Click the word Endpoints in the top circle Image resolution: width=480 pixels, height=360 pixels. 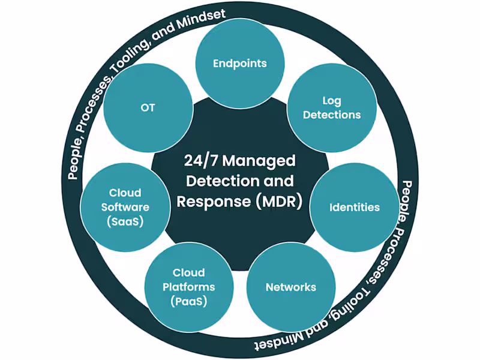click(239, 63)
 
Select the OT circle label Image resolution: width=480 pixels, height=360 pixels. click(148, 108)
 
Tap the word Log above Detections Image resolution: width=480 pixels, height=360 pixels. click(331, 101)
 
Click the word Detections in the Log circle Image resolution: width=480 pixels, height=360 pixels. click(331, 115)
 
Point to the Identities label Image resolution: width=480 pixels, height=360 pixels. click(354, 208)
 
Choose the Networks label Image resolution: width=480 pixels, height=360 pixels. click(290, 287)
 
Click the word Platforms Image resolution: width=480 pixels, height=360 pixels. click(188, 287)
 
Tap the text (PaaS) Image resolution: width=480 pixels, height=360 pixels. click(188, 301)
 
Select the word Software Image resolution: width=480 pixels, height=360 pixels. click(125, 207)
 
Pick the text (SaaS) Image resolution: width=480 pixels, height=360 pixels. click(125, 221)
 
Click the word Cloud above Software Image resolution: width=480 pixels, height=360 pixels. click(125, 193)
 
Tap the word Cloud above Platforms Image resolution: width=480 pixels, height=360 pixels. click(188, 272)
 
